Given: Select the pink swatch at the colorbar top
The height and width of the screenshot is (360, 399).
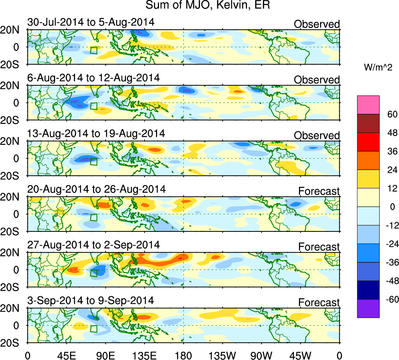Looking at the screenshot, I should point(368,105).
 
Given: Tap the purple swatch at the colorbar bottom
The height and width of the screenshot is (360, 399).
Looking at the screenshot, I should point(368,308).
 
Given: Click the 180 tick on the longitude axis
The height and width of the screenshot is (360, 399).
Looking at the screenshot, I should point(184,355).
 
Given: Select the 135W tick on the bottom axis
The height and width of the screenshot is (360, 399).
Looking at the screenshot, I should point(222,355).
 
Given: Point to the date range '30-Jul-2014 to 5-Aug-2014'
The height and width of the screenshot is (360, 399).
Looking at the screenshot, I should point(91,22).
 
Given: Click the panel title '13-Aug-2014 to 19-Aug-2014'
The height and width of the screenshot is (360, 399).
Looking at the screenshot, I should point(96,134).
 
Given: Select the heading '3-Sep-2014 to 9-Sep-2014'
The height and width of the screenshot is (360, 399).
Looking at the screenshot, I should point(91,301).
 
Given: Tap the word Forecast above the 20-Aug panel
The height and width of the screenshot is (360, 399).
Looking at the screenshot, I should point(319,191).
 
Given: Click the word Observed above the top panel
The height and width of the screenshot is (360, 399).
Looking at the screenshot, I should point(317,24).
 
